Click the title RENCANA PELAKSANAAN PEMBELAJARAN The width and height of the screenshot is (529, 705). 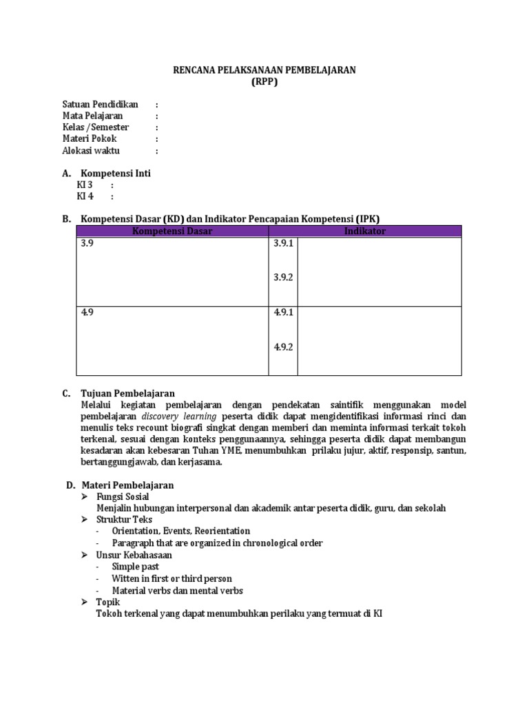point(264,71)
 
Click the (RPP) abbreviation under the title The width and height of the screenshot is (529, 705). point(264,82)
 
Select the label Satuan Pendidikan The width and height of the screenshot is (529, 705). point(100,105)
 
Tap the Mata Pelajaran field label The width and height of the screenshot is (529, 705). point(92,116)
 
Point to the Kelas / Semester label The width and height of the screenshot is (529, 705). point(96,128)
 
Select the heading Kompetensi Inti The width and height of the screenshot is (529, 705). point(116,173)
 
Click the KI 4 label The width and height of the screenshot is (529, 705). point(85,196)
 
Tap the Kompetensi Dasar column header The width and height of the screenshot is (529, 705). point(172,231)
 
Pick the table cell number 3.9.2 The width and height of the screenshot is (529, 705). point(283,277)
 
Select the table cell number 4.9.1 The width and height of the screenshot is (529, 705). point(283,312)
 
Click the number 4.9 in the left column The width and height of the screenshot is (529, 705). point(87,312)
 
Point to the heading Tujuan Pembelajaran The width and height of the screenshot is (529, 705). point(127,394)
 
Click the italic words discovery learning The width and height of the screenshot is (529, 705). point(179,417)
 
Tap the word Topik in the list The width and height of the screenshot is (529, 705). point(108,602)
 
